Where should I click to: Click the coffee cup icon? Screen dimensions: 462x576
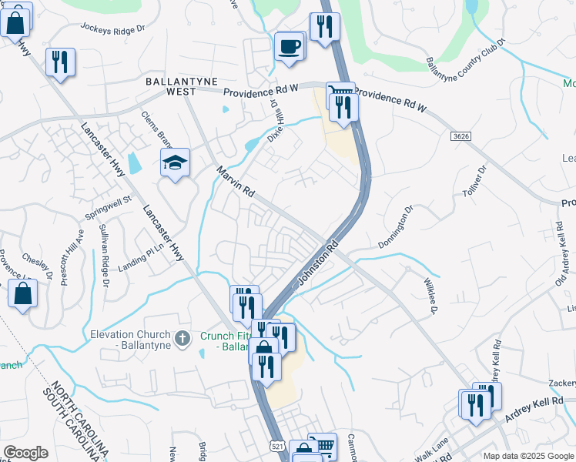(x=290, y=45)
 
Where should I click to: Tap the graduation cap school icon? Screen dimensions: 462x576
(x=175, y=162)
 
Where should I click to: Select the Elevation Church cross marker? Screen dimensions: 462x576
(x=183, y=339)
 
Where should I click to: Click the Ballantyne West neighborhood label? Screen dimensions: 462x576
(x=182, y=86)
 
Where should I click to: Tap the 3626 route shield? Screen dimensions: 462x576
(x=460, y=136)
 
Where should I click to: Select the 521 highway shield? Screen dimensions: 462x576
(x=277, y=447)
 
